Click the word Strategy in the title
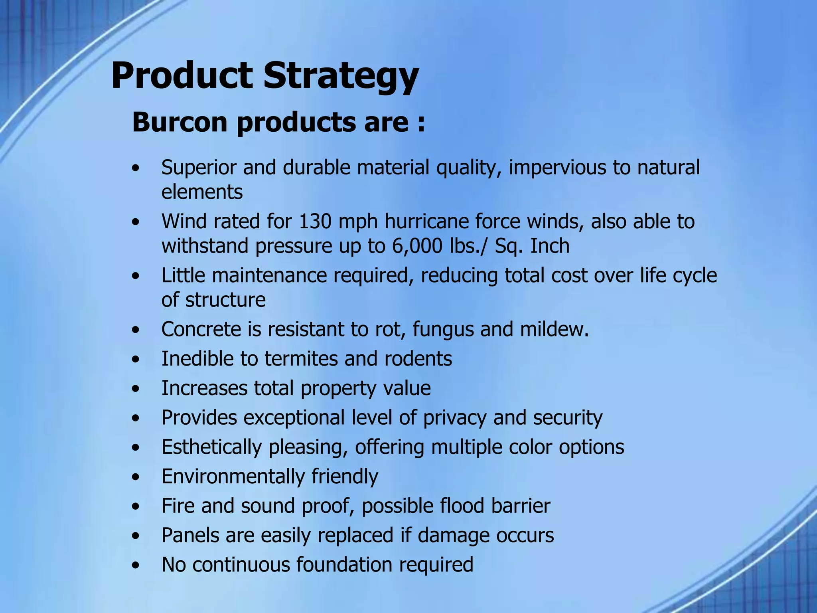click(341, 77)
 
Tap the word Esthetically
click(211, 447)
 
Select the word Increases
click(204, 388)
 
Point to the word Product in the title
click(182, 76)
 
